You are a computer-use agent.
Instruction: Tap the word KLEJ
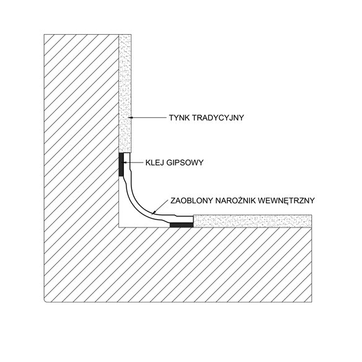(x=154, y=163)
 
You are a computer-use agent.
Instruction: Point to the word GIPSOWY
(x=185, y=163)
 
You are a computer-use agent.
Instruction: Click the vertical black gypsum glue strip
(x=121, y=164)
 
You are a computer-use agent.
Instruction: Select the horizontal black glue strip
(x=182, y=225)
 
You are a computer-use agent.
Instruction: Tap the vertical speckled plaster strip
(x=125, y=93)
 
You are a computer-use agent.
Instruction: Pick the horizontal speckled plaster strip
(x=252, y=221)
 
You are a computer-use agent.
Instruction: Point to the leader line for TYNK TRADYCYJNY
(x=148, y=118)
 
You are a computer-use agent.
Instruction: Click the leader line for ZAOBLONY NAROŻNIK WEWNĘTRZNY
(x=159, y=207)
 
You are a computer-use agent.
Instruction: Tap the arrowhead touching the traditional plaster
(x=130, y=118)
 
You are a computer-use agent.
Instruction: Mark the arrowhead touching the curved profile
(x=153, y=213)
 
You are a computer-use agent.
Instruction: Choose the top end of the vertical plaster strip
(x=125, y=35)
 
